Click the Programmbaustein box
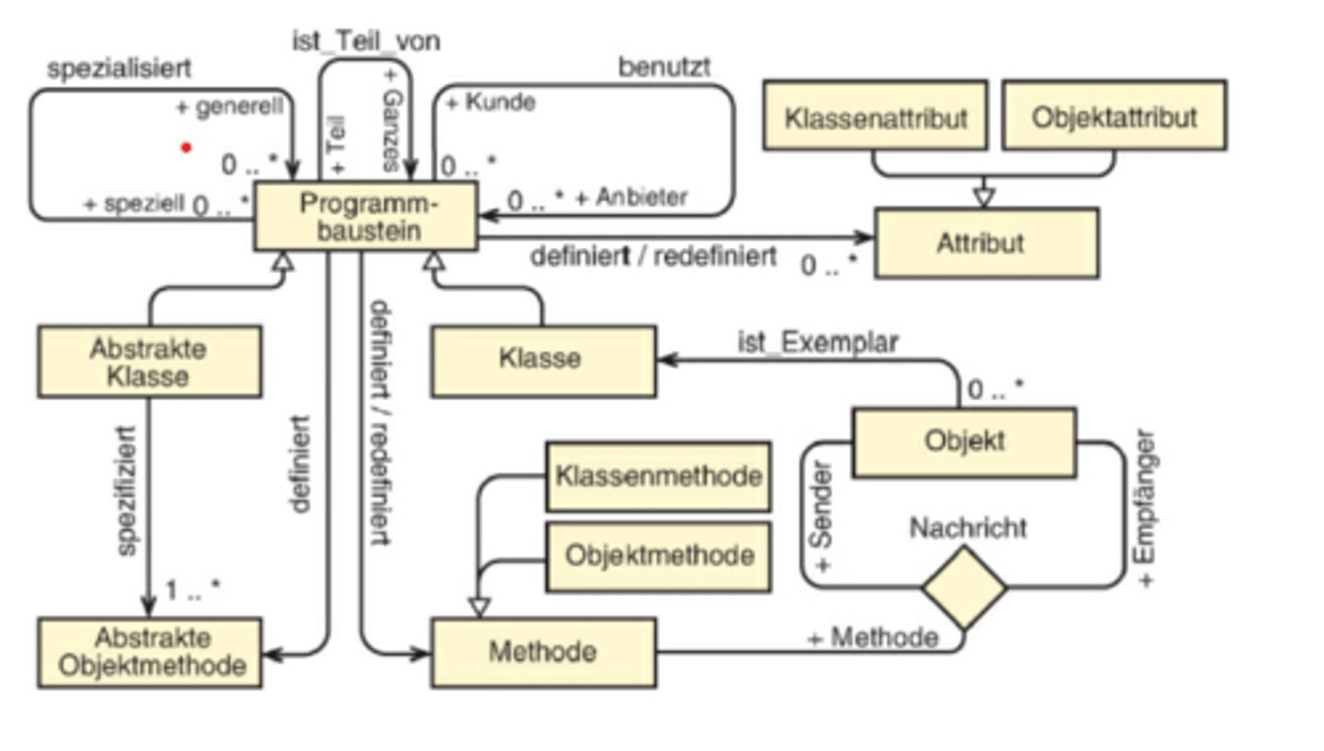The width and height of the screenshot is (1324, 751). tap(366, 216)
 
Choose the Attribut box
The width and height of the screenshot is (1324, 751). tap(986, 244)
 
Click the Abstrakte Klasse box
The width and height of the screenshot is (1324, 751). tap(149, 361)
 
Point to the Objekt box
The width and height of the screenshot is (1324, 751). tap(964, 442)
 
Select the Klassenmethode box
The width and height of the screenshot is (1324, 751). tap(657, 476)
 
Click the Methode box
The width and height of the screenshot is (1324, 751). tap(542, 653)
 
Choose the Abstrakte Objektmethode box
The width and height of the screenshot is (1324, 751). tap(149, 653)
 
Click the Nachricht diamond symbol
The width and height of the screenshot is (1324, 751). tap(964, 588)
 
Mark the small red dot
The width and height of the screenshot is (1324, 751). tap(187, 147)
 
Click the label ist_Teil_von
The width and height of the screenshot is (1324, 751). tap(366, 41)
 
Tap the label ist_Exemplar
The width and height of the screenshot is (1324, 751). tap(817, 342)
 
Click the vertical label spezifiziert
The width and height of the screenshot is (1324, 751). tap(127, 490)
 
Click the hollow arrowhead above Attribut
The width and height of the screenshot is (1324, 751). tap(985, 196)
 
